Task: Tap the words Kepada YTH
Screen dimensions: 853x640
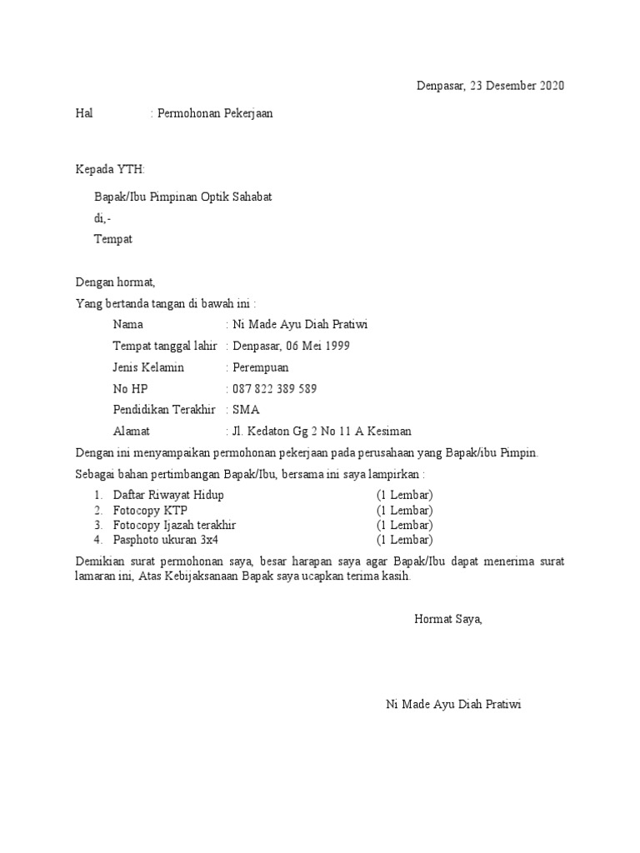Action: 110,169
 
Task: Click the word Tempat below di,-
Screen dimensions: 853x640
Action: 112,240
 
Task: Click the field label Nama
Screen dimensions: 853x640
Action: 127,324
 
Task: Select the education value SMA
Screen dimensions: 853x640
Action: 246,410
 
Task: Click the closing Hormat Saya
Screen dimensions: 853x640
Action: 447,619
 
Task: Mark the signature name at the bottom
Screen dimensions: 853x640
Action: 453,705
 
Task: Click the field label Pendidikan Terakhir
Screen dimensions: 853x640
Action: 164,410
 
